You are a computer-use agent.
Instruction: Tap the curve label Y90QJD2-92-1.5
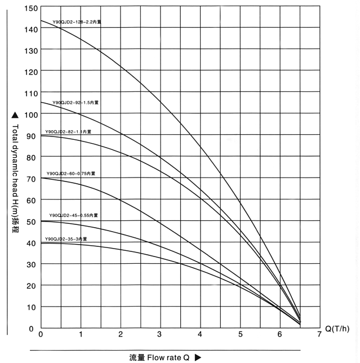pos(75,103)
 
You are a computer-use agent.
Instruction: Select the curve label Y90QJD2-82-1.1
pos(68,131)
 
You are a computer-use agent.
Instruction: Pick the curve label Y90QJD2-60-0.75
pos(70,174)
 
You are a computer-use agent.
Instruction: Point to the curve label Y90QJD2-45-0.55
pos(73,215)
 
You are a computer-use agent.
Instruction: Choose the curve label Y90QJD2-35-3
pos(66,239)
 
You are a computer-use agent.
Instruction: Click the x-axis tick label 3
pos(160,335)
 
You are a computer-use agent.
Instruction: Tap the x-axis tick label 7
pos(319,335)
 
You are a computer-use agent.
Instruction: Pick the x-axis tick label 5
pos(240,335)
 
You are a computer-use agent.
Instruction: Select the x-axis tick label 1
pos(81,335)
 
